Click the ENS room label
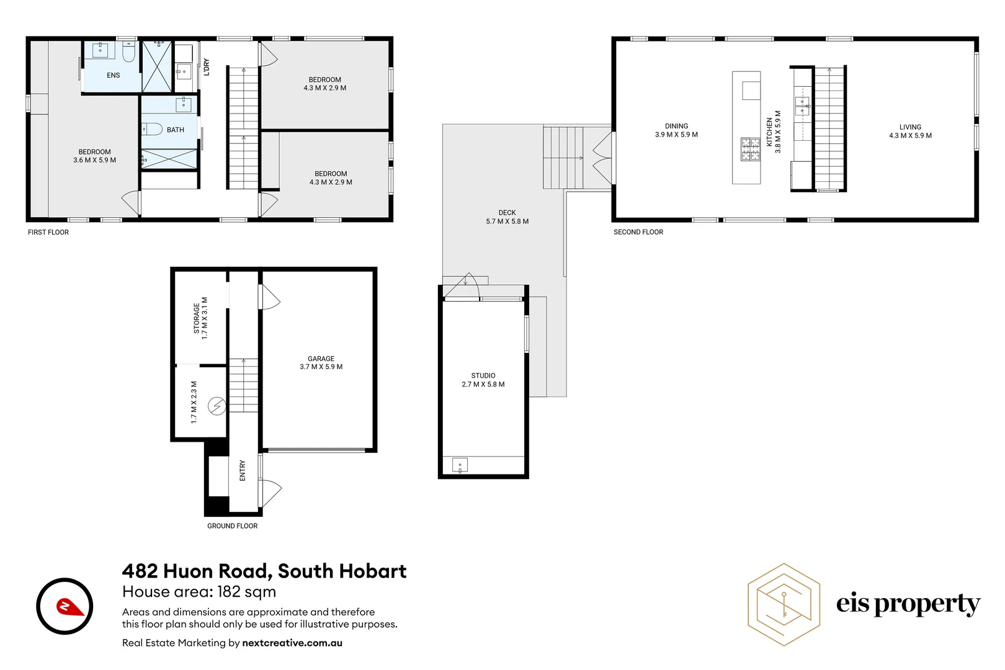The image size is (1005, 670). [113, 75]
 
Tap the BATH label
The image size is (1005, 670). [176, 130]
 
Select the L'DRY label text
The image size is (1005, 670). [207, 67]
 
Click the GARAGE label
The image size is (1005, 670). [321, 359]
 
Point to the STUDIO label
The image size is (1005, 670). [483, 375]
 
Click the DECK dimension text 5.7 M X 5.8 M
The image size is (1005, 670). [507, 221]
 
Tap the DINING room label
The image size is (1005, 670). [676, 126]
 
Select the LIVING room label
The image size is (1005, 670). [910, 127]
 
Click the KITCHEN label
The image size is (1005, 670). [769, 132]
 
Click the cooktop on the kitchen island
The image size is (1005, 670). [751, 150]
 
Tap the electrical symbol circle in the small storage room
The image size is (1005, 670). [217, 406]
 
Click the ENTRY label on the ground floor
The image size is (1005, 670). [243, 470]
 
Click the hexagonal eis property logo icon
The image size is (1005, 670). [784, 604]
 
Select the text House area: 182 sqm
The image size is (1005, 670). [199, 592]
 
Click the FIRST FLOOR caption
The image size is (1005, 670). [48, 232]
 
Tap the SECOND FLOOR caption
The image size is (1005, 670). [638, 232]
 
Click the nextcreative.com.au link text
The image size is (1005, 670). [292, 643]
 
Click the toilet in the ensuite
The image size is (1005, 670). [129, 53]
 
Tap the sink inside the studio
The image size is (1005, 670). [460, 465]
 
